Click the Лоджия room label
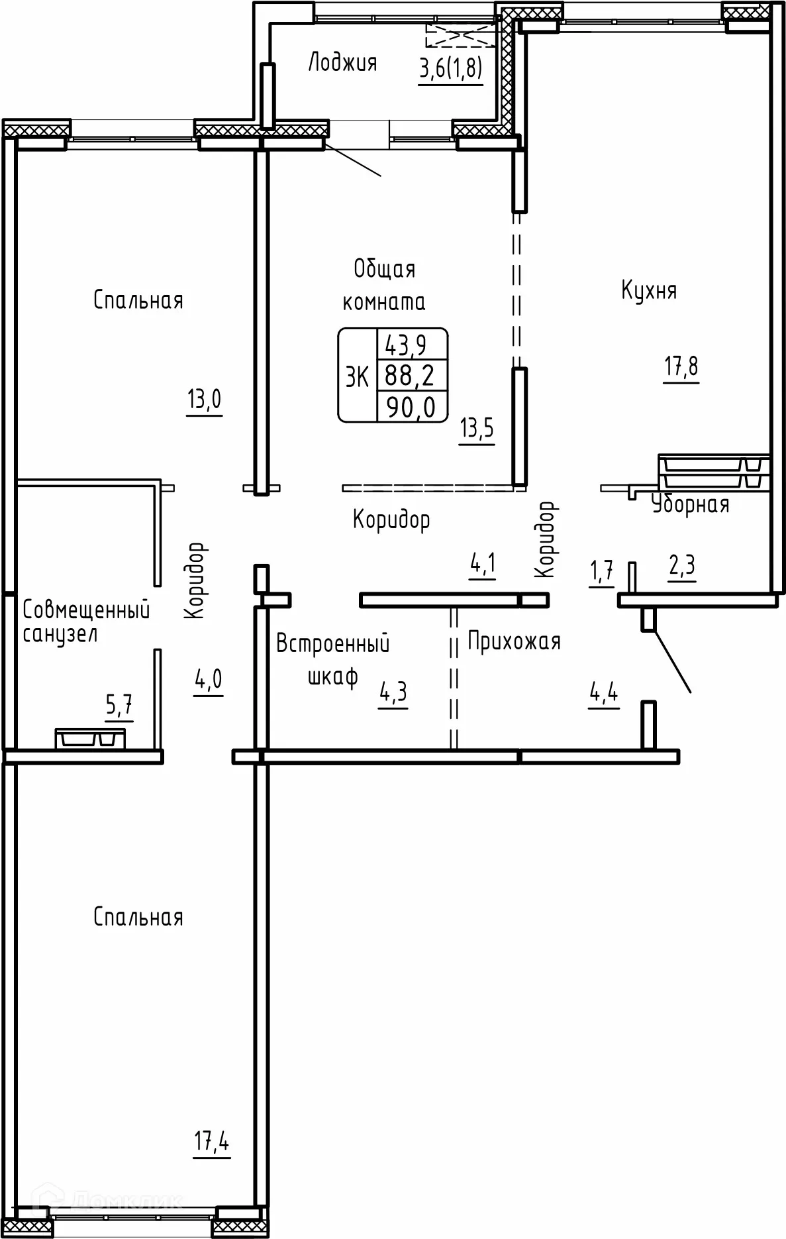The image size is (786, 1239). [342, 63]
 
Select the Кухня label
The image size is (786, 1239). [649, 291]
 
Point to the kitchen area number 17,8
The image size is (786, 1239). [681, 366]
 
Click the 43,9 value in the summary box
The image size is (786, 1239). [411, 345]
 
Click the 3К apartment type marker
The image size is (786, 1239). [357, 377]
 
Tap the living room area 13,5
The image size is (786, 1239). [477, 429]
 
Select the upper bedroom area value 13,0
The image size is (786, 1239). [204, 400]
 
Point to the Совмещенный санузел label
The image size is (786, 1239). [85, 621]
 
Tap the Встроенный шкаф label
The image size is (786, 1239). [332, 659]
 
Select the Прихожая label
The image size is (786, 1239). [514, 641]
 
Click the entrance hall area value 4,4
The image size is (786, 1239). [603, 694]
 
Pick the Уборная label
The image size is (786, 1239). [690, 505]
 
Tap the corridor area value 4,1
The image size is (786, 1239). [483, 565]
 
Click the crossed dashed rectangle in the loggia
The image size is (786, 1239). [461, 35]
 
